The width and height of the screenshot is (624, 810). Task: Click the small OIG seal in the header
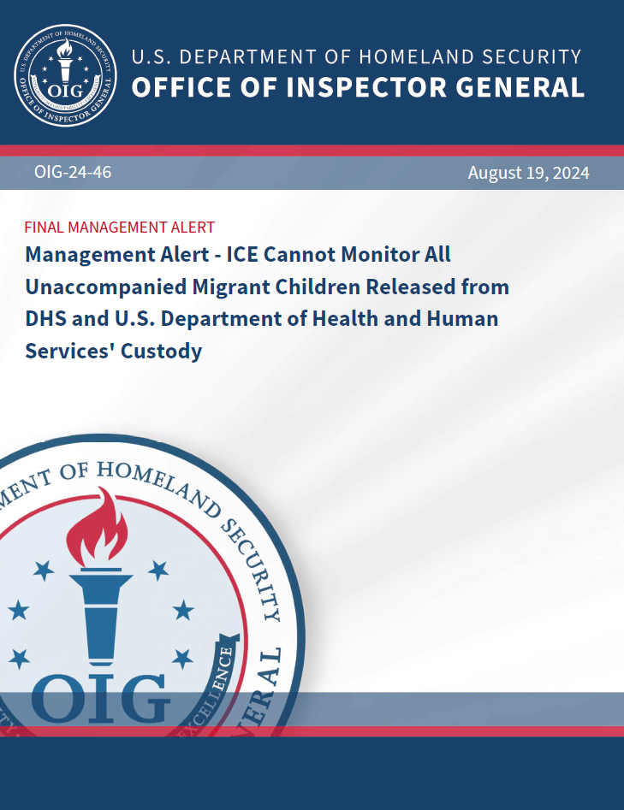(66, 74)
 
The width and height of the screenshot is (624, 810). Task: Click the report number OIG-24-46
(73, 173)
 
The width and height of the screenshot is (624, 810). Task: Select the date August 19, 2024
(528, 173)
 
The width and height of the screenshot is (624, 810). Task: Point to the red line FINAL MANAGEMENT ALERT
(119, 228)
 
